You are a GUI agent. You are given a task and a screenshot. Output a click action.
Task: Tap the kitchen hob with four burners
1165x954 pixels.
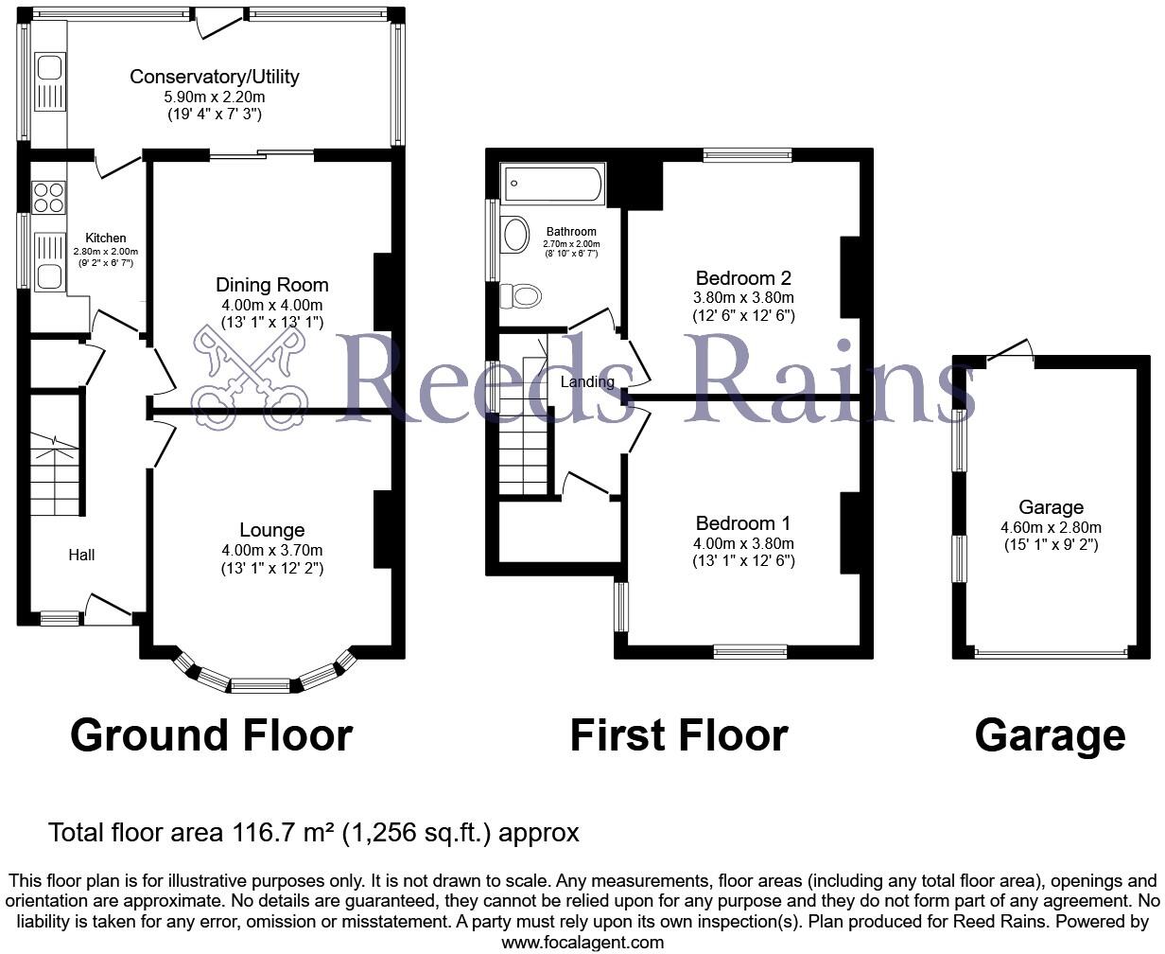[48, 197]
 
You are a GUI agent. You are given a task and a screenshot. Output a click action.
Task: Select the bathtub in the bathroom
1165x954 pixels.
[553, 184]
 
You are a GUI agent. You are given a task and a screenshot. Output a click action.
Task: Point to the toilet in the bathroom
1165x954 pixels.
[521, 296]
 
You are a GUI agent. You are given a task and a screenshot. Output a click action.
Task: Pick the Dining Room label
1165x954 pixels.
[271, 285]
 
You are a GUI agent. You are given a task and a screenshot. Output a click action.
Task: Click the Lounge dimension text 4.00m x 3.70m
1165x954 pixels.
[271, 550]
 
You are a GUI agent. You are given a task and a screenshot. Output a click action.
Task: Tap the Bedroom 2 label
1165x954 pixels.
[742, 278]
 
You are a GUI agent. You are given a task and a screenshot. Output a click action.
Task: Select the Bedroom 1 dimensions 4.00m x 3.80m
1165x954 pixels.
[742, 543]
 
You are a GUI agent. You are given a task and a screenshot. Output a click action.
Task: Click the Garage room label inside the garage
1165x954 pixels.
[1051, 508]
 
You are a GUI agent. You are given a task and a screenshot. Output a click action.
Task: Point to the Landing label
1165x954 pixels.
[587, 382]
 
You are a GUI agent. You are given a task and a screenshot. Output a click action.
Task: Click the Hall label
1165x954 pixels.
[80, 556]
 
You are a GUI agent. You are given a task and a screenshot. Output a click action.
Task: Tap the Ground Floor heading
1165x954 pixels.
[211, 735]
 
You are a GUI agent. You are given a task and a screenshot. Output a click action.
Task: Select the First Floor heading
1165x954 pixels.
[678, 735]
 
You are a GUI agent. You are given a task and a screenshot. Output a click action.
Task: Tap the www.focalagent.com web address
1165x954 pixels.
[582, 943]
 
